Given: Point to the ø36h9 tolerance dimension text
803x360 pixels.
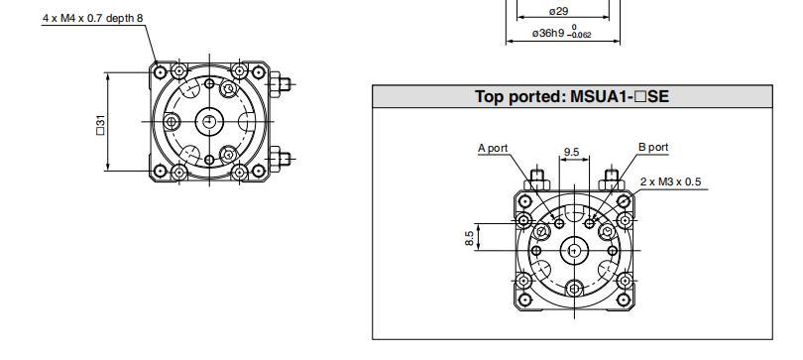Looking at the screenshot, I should pos(561,33).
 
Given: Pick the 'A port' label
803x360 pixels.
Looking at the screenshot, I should pos(493,148).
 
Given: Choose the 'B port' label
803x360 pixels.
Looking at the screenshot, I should pos(652,147).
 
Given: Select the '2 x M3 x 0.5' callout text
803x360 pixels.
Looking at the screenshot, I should pos(671,181).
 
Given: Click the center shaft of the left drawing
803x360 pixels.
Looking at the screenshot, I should pos(209,121).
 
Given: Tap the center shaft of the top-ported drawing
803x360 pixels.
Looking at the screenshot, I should pos(572,251).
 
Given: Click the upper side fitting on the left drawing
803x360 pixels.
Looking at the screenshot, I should pos(283,83).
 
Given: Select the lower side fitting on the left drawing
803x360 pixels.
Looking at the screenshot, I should pos(283,157).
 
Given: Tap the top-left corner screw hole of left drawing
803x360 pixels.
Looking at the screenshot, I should pos(161,72).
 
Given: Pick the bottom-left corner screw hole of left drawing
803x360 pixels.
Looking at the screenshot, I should pos(161,171).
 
